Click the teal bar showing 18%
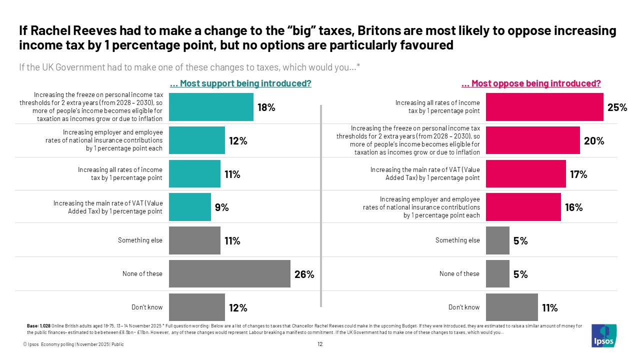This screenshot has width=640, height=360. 211,107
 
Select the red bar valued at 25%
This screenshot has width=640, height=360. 544,107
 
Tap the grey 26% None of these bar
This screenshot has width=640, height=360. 229,273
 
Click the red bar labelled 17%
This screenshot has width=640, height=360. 525,173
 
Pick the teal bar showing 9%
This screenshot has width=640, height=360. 190,207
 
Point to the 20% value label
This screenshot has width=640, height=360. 594,141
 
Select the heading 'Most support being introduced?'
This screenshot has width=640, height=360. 240,83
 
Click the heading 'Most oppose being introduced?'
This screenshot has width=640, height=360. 531,83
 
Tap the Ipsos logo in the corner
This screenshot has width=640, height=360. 603,335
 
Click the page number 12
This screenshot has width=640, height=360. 320,344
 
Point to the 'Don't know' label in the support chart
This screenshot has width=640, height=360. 146,307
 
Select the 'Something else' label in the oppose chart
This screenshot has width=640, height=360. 457,240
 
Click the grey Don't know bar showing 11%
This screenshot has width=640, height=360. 511,307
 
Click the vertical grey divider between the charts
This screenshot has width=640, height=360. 320,205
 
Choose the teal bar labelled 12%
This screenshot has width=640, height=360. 197,140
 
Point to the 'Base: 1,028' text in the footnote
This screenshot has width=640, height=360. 38,326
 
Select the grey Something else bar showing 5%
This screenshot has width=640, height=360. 497,240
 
